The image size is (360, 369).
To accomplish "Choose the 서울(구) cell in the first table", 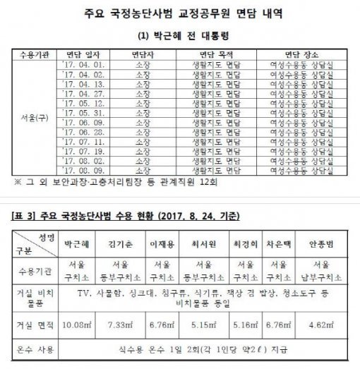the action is coord(30,116).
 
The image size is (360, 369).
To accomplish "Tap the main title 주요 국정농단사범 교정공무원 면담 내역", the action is coord(179,12).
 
